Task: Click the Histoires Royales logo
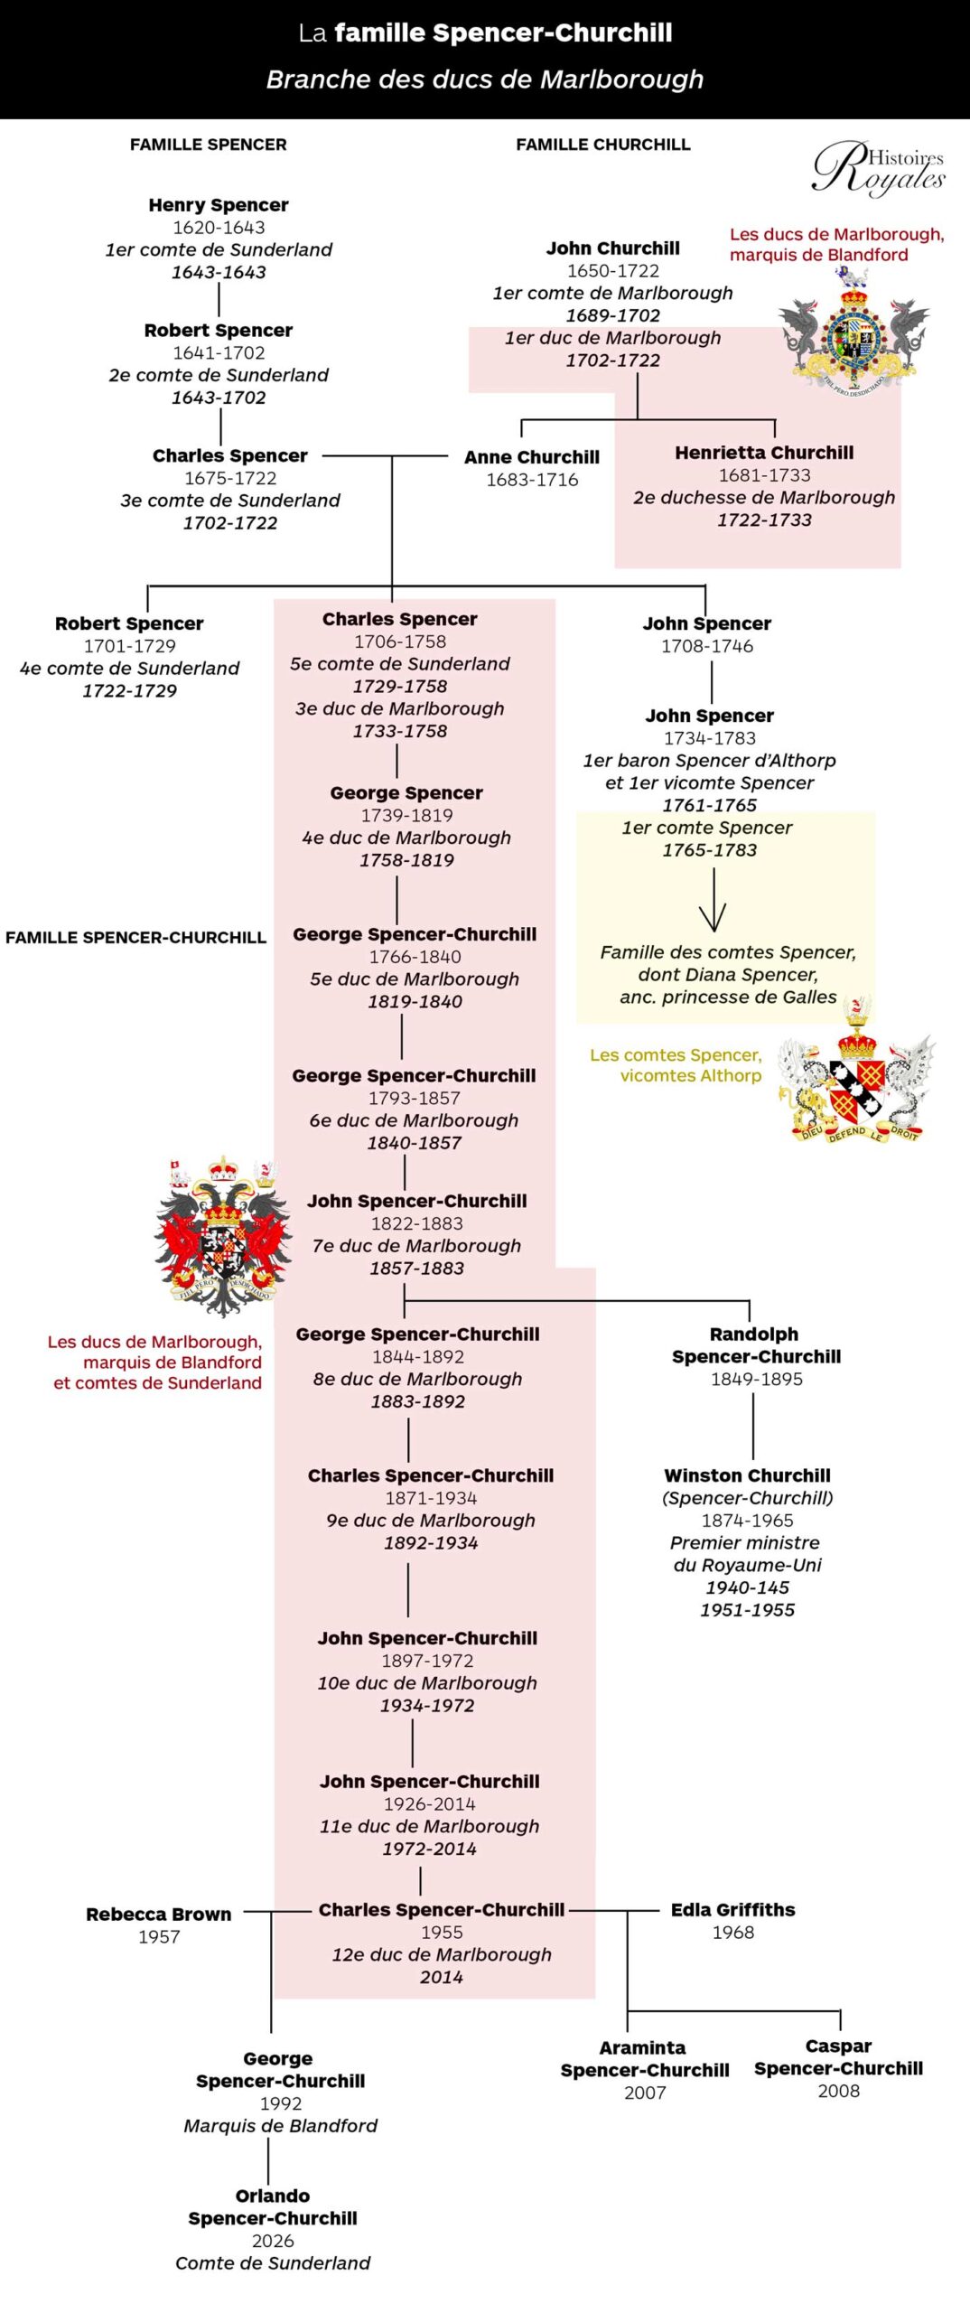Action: pos(878,168)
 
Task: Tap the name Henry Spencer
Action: pos(219,205)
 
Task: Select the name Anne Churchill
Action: pos(532,457)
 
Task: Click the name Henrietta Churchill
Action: pos(764,453)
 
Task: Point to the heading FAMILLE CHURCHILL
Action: pos(603,145)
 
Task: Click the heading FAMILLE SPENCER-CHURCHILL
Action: pos(135,938)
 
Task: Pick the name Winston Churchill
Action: pos(748,1475)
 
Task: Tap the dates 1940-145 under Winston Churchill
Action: pos(748,1587)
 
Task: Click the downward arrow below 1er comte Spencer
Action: pos(714,900)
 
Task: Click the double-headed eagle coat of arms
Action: pos(222,1235)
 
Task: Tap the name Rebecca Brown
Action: pos(159,1915)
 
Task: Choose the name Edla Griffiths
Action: pos(733,1910)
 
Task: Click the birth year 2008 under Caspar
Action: pos(839,2091)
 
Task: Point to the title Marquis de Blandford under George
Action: pos(281,2126)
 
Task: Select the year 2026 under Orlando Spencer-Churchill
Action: pos(273,2241)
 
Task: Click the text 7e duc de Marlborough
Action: pos(416,1246)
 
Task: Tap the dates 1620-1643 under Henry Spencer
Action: pos(219,228)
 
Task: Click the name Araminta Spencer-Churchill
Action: pos(645,2059)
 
